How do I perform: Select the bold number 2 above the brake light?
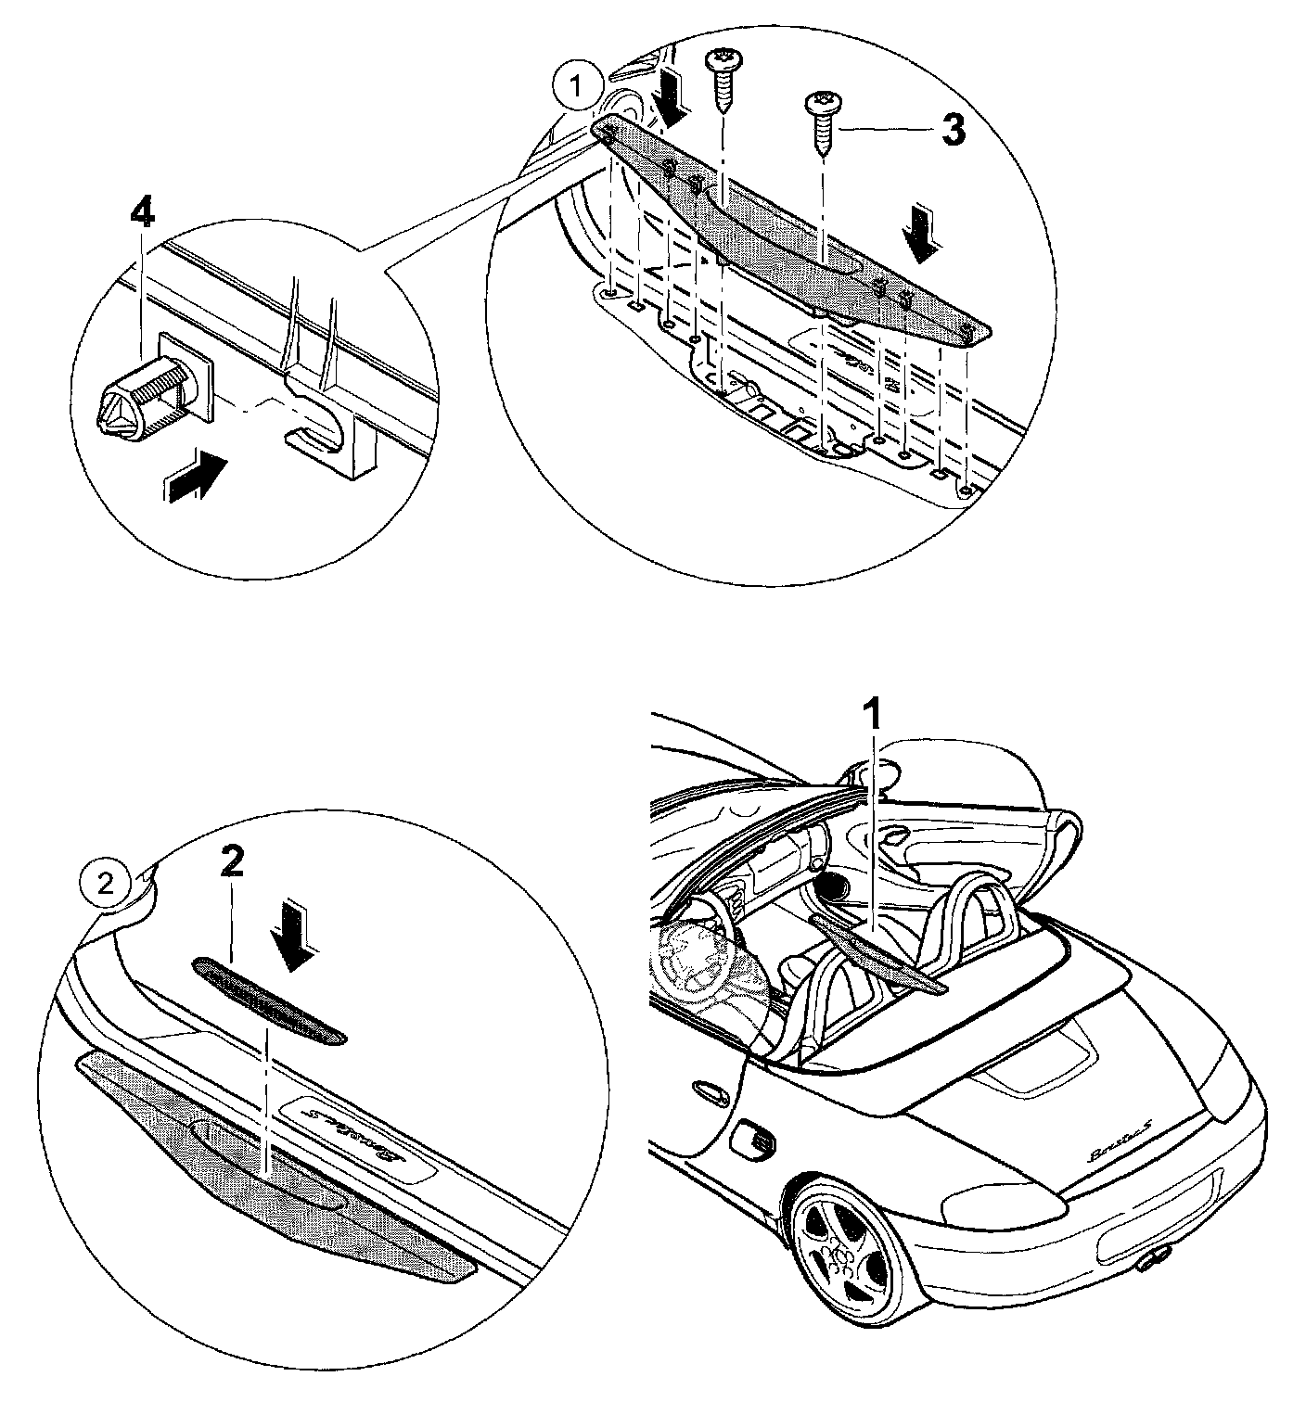(231, 863)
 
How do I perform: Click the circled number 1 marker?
(576, 87)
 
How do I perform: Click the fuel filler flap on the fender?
(752, 1140)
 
